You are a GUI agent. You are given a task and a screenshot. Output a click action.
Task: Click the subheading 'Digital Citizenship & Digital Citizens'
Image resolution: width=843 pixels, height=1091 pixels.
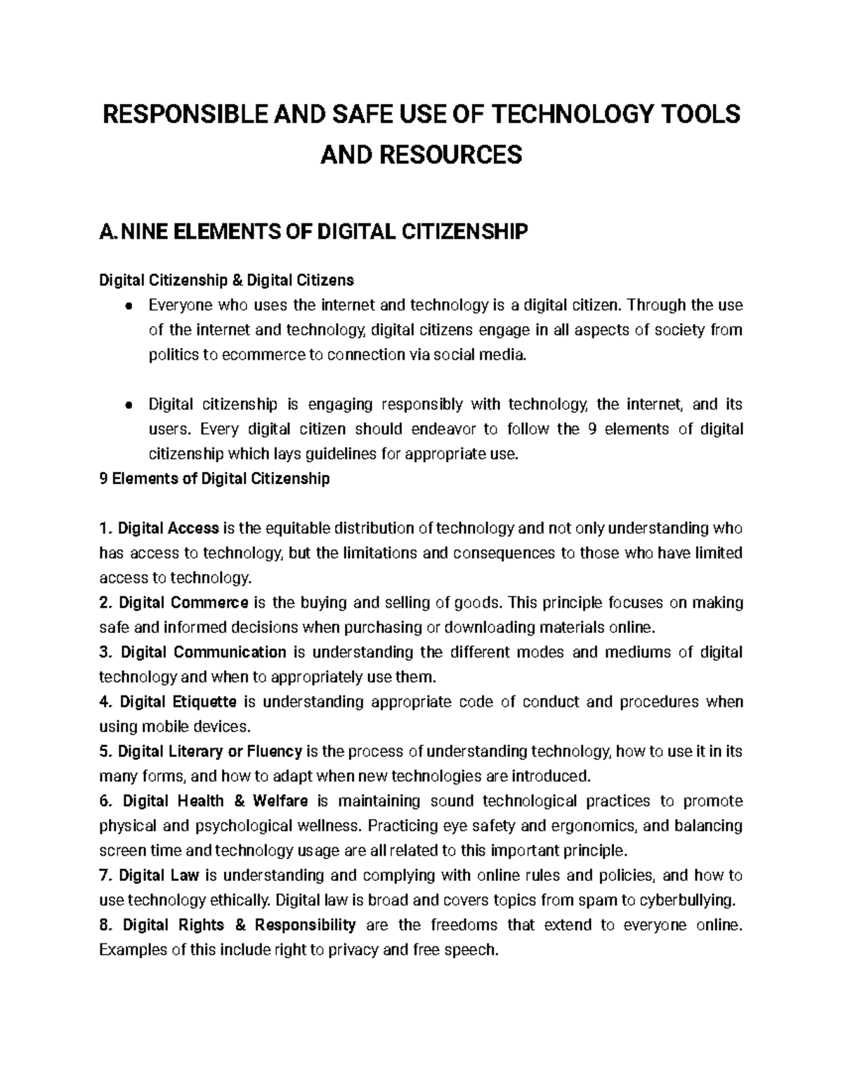tap(226, 281)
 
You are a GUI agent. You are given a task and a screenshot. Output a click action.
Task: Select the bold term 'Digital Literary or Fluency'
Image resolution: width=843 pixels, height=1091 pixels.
tap(209, 752)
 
